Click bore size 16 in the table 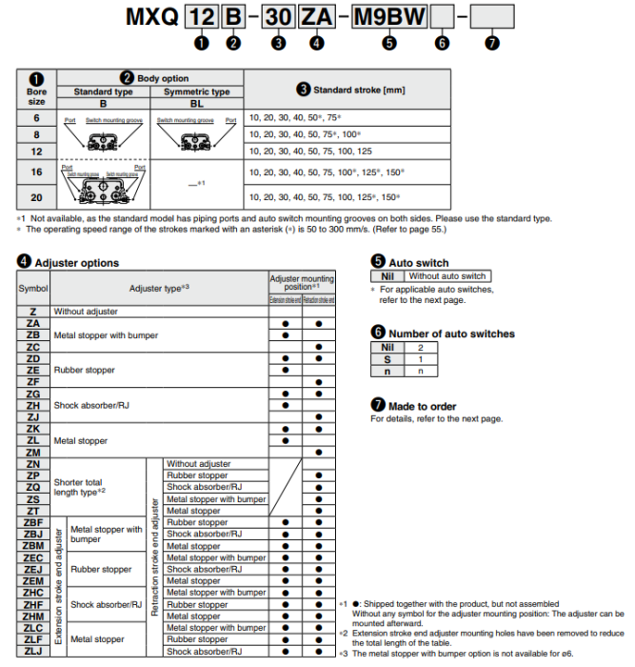(x=35, y=172)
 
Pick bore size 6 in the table (x=35, y=116)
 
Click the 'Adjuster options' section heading (x=76, y=262)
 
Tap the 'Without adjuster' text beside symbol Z (x=86, y=312)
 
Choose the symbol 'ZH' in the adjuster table (x=33, y=405)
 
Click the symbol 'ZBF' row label (x=33, y=522)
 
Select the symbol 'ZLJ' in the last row (x=33, y=652)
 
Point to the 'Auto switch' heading (x=418, y=262)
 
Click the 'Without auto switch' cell (x=446, y=275)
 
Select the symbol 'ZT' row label (x=33, y=511)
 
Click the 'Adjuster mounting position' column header (x=302, y=283)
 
